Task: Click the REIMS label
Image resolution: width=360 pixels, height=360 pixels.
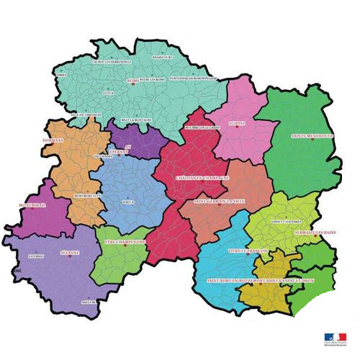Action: [132, 81]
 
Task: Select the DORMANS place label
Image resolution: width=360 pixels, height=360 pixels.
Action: [73, 140]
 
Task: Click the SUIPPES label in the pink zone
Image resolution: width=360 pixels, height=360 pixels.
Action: [237, 123]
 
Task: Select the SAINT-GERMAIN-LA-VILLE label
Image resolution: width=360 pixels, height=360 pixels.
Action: [220, 202]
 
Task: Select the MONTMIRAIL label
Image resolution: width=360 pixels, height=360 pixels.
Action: [32, 205]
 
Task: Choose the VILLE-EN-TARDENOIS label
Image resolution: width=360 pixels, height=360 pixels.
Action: [86, 114]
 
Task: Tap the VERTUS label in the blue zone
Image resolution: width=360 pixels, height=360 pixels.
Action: [128, 202]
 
